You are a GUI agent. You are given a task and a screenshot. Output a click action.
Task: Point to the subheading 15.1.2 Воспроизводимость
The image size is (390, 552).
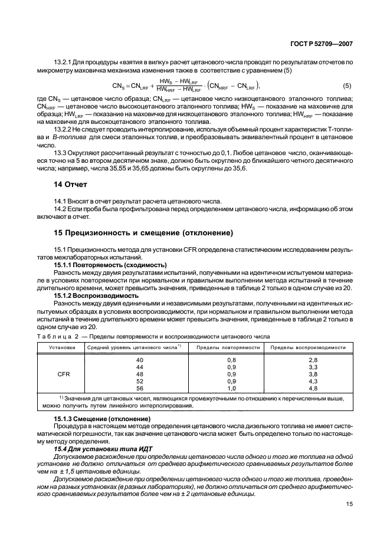(x=96, y=295)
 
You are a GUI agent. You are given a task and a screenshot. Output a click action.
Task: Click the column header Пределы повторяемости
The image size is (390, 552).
(x=228, y=348)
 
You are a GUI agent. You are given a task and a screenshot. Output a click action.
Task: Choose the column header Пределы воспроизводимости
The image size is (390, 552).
(x=307, y=348)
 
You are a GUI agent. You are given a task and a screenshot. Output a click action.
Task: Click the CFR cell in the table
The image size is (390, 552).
(x=63, y=374)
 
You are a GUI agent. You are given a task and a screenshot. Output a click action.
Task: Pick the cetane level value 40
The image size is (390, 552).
(x=140, y=360)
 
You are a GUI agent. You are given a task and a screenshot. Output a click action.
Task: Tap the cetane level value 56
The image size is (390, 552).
(x=140, y=388)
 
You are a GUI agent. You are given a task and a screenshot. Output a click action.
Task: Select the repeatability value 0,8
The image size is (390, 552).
(x=231, y=360)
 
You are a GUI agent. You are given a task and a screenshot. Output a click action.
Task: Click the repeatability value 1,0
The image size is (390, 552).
(x=231, y=388)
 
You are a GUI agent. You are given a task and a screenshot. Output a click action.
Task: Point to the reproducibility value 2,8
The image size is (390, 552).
(x=313, y=360)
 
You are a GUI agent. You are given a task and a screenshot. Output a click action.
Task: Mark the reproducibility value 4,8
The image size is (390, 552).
(x=313, y=388)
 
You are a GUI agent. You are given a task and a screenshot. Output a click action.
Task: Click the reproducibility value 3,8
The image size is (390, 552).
(x=313, y=374)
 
